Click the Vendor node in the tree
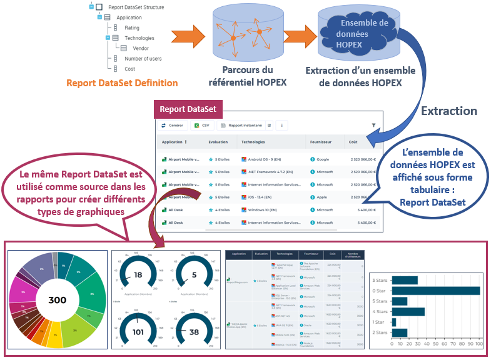(x=140, y=48)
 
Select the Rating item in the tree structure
(x=131, y=27)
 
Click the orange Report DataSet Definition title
(x=122, y=82)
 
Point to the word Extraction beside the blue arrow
(x=448, y=111)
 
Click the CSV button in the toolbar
(x=201, y=126)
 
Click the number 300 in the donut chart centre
(x=57, y=300)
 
